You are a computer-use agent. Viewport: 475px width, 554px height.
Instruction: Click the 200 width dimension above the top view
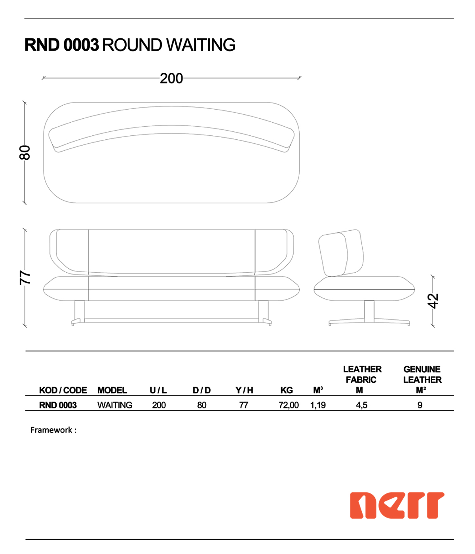click(x=171, y=78)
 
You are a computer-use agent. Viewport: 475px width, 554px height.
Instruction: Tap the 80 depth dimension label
click(x=25, y=153)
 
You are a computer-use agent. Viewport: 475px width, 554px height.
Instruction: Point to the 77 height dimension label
click(x=25, y=278)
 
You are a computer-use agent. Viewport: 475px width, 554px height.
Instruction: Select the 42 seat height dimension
click(x=433, y=301)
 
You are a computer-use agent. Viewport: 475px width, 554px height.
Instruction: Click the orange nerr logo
click(x=397, y=505)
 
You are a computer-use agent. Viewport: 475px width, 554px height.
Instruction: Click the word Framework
click(x=51, y=430)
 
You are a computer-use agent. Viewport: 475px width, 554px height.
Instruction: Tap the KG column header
click(x=287, y=390)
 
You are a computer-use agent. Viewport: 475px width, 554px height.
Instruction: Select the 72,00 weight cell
click(x=289, y=405)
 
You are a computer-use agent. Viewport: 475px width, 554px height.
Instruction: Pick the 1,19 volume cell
click(x=318, y=405)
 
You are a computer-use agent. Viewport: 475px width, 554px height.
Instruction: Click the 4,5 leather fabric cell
click(x=362, y=405)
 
